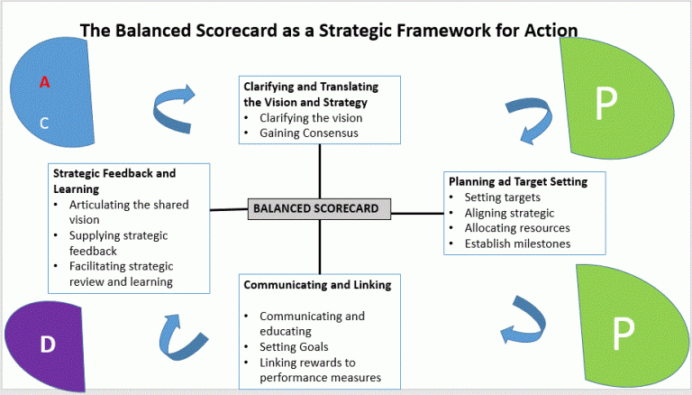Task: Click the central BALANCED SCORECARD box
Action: click(319, 209)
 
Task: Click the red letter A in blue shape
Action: click(43, 83)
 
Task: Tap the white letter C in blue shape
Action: click(44, 123)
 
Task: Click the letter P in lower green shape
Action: click(617, 335)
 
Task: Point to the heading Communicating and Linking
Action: click(317, 285)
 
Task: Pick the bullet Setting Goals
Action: click(295, 347)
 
